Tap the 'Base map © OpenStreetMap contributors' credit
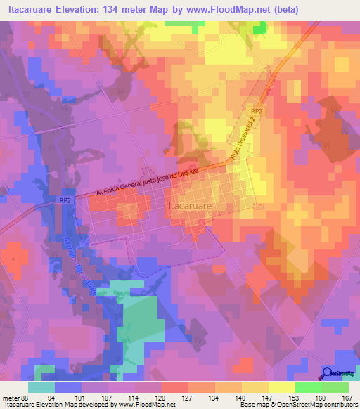click(x=298, y=404)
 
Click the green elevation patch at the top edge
click(x=260, y=27)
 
